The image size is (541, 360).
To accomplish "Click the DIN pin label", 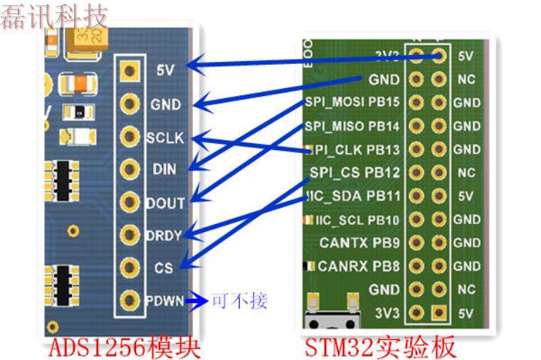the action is (164, 170).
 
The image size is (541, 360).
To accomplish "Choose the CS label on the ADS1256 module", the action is (163, 268).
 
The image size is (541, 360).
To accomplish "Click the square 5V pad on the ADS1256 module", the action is (129, 70).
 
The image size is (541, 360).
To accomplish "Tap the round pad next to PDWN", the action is (129, 300).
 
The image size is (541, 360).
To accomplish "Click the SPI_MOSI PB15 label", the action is (352, 102).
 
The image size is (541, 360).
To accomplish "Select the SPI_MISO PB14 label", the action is (352, 126).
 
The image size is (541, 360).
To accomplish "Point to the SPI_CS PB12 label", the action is (355, 173).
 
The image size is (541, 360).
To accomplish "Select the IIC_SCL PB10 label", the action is (357, 219).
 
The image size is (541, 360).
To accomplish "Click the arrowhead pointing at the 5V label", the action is (201, 68).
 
